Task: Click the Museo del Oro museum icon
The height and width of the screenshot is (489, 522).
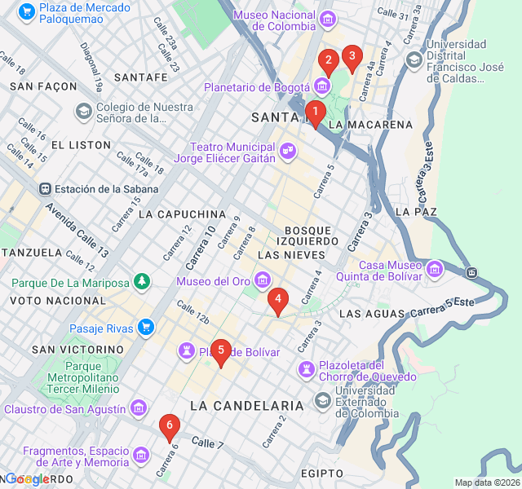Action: (262, 282)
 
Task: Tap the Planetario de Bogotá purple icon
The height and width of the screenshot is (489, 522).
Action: (322, 86)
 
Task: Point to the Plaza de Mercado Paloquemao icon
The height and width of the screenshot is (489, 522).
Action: (26, 12)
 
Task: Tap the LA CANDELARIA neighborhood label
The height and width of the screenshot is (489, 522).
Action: (246, 405)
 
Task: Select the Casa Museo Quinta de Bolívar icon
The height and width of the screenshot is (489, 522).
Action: (434, 268)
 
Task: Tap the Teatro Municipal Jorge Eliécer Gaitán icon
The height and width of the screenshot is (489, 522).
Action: (288, 150)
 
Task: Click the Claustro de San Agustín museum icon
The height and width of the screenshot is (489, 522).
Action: (139, 407)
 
